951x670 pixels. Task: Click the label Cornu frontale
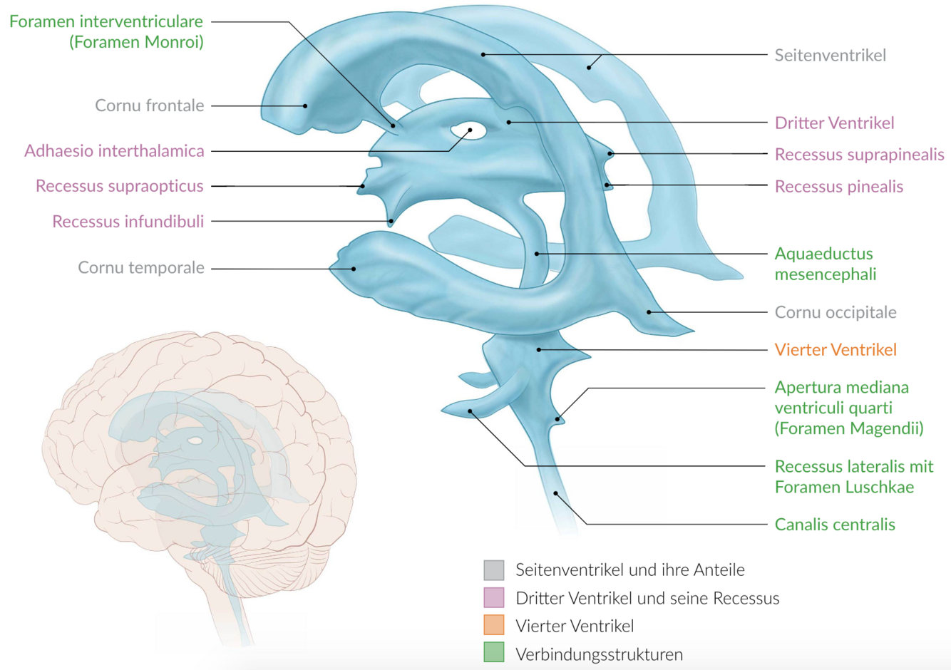[x=149, y=105]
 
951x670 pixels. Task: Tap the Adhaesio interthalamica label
[x=114, y=151]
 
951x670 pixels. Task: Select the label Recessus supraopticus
[x=119, y=186]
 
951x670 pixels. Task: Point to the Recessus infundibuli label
[x=128, y=221]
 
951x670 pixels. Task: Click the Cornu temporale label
[x=140, y=268]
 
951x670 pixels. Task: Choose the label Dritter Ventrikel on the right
[x=834, y=123]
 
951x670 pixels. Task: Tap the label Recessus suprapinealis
[x=859, y=155]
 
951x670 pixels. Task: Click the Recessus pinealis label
[x=838, y=187]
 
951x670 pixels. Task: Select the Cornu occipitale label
[x=835, y=312]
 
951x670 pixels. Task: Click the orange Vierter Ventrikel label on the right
[x=835, y=350]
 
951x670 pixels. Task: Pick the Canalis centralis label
[x=834, y=525]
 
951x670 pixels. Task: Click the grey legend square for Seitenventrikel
[x=493, y=569]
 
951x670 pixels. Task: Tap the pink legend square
[x=493, y=598]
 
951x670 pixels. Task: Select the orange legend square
[x=493, y=626]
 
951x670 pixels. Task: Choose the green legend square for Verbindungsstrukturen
[x=493, y=654]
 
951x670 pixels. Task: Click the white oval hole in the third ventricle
[x=468, y=131]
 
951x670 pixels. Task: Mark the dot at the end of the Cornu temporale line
[x=353, y=269]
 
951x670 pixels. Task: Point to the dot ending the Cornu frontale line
[x=305, y=105]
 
